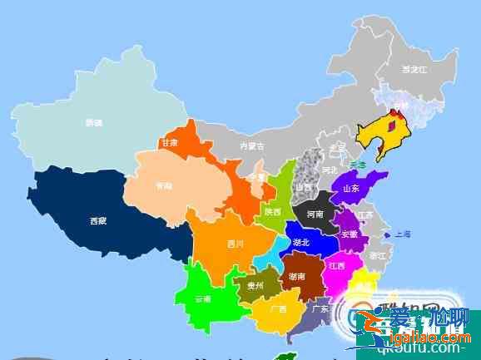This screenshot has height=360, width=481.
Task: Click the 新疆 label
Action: tap(94, 123)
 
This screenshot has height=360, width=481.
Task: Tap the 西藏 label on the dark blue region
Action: tap(97, 221)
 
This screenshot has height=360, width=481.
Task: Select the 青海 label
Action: tap(164, 186)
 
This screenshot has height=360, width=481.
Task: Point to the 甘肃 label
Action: tap(170, 143)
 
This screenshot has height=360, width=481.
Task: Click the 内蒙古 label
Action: tap(251, 146)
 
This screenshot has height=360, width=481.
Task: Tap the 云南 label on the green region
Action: tap(203, 298)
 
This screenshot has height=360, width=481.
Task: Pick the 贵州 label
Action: tap(254, 285)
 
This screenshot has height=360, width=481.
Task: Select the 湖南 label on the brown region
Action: tap(296, 275)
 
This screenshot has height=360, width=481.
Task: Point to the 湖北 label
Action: tap(300, 243)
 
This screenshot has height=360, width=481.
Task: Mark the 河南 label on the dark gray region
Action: tap(315, 214)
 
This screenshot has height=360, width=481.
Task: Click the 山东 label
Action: tap(350, 189)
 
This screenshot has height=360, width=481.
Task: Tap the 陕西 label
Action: tap(273, 212)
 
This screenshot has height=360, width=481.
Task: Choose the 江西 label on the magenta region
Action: tap(336, 267)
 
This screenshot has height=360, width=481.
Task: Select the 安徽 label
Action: tap(349, 234)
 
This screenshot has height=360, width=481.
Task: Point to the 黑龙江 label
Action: tap(414, 70)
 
